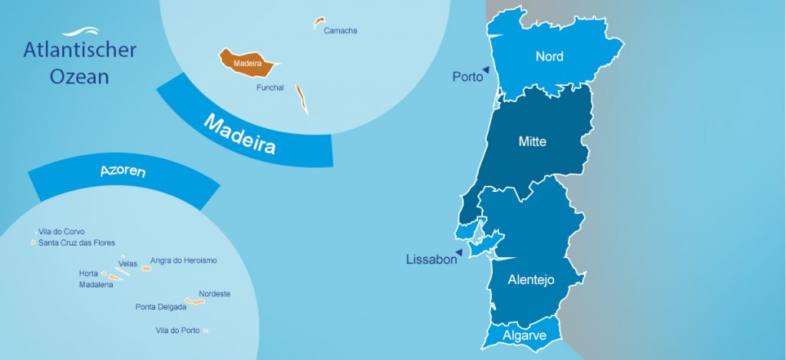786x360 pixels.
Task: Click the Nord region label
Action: tap(549, 56)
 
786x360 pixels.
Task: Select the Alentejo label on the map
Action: tap(530, 280)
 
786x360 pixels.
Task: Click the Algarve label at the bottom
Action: tap(524, 335)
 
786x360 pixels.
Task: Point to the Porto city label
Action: tap(467, 77)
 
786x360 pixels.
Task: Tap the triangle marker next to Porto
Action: tap(487, 70)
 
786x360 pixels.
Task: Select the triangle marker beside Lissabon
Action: tap(458, 252)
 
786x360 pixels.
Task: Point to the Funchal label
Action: tap(270, 88)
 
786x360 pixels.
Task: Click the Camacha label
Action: tap(340, 31)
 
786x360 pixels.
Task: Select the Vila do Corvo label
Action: tap(61, 231)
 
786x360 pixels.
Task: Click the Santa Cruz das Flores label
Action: tap(77, 243)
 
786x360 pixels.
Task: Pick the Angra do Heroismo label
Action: tap(183, 260)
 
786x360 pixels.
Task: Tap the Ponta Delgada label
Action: tap(160, 306)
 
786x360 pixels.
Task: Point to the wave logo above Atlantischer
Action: tap(80, 32)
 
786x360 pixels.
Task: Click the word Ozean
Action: tap(80, 77)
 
